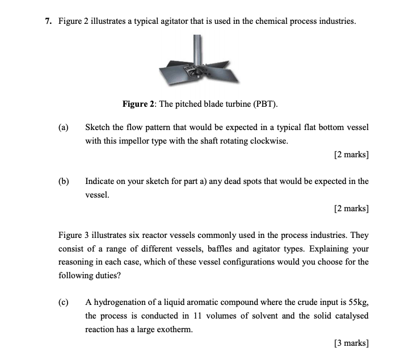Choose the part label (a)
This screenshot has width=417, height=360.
pyautogui.click(x=64, y=127)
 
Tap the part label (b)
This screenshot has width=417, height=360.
pyautogui.click(x=64, y=181)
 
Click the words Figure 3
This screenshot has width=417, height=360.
pyautogui.click(x=74, y=235)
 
